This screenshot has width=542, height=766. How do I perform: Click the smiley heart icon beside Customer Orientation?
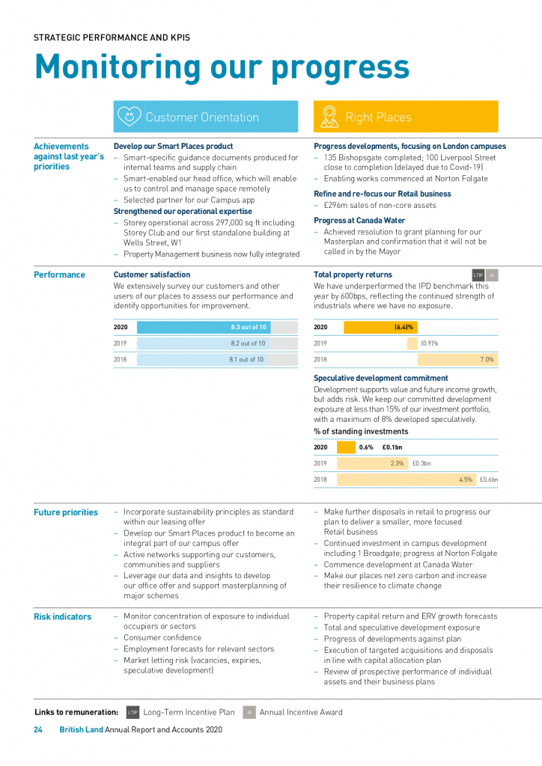[x=129, y=117]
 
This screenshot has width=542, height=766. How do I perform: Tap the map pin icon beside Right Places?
[x=329, y=117]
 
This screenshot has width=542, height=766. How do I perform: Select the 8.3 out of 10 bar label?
[x=248, y=327]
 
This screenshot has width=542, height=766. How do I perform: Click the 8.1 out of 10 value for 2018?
[x=246, y=360]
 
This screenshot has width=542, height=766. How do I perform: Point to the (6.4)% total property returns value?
[x=404, y=327]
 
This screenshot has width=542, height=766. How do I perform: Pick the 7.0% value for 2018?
[x=487, y=360]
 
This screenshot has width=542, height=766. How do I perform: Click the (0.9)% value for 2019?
[x=429, y=343]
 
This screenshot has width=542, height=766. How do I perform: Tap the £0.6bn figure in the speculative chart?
[x=488, y=479]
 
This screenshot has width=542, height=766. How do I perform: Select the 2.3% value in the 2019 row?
[x=397, y=463]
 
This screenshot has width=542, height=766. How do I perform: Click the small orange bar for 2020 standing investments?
[x=346, y=447]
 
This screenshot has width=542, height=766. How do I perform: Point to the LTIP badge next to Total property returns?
[x=478, y=275]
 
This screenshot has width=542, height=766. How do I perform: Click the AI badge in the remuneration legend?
[x=250, y=712]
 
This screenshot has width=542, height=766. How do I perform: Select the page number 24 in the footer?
[x=38, y=730]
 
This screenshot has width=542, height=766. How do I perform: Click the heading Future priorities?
[x=66, y=512]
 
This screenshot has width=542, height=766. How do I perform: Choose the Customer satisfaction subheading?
[x=152, y=275]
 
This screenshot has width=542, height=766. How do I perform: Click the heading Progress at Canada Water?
[x=359, y=221]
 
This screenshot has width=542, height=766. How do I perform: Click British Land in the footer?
[x=81, y=730]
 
